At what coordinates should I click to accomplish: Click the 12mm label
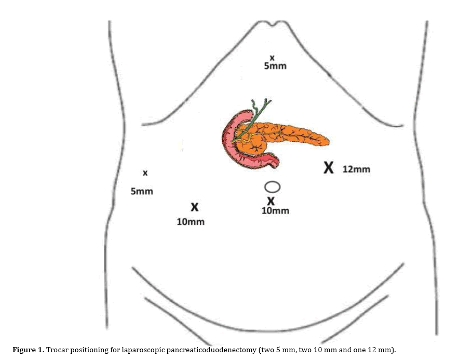tap(356, 169)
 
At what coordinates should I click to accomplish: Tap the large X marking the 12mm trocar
tap(329, 168)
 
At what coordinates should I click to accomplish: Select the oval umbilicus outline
tap(272, 187)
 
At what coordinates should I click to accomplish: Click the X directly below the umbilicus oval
tap(271, 201)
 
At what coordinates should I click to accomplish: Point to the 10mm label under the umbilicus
tap(275, 210)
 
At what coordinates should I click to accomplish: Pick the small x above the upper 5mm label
tap(272, 58)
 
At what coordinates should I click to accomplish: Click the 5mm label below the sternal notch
tap(275, 66)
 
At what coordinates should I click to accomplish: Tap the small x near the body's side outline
tap(145, 173)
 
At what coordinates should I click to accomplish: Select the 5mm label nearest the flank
tap(142, 192)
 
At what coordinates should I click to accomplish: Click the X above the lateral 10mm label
tap(195, 207)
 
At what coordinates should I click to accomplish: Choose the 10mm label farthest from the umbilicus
tap(191, 222)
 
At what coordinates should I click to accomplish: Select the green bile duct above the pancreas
tap(252, 120)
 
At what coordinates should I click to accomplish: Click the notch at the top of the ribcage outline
tap(273, 24)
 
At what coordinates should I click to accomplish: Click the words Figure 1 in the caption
tap(28, 350)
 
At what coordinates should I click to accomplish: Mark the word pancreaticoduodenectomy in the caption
tap(207, 350)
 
